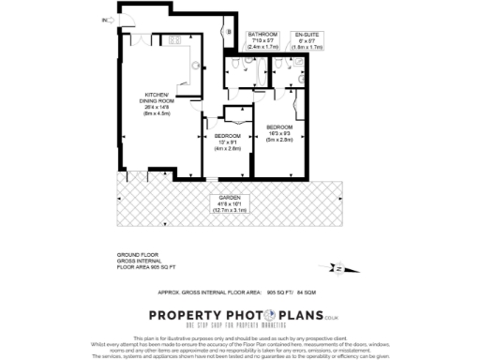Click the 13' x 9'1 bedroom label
click(x=228, y=142)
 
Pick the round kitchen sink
click(x=195, y=65)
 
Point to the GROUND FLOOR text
click(x=137, y=254)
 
